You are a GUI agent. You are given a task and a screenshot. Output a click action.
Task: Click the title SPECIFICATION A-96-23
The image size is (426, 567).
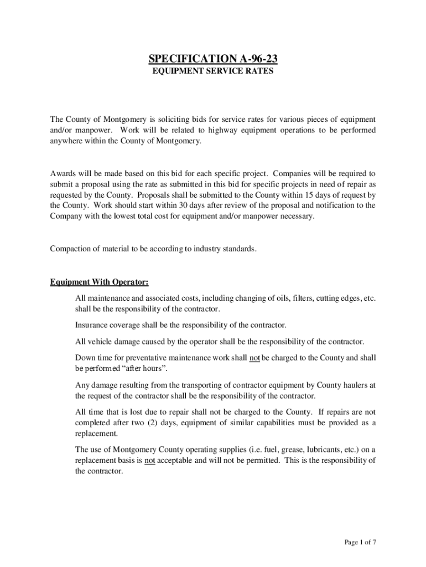pos(213,59)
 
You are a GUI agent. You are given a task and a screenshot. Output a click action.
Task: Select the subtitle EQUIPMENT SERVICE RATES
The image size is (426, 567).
pos(213,72)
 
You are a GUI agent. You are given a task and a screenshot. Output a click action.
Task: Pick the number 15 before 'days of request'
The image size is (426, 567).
pos(306,195)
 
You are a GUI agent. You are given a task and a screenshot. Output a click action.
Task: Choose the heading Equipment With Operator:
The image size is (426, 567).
pos(99,282)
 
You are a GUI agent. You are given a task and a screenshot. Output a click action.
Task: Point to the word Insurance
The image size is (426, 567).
pos(91,325)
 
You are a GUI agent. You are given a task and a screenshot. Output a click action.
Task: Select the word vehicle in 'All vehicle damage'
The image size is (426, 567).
pos(99,341)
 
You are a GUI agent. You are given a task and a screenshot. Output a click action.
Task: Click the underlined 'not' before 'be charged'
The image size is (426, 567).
pos(254,358)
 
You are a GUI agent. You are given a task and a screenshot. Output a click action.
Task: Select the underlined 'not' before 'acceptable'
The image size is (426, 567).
pos(149,461)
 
